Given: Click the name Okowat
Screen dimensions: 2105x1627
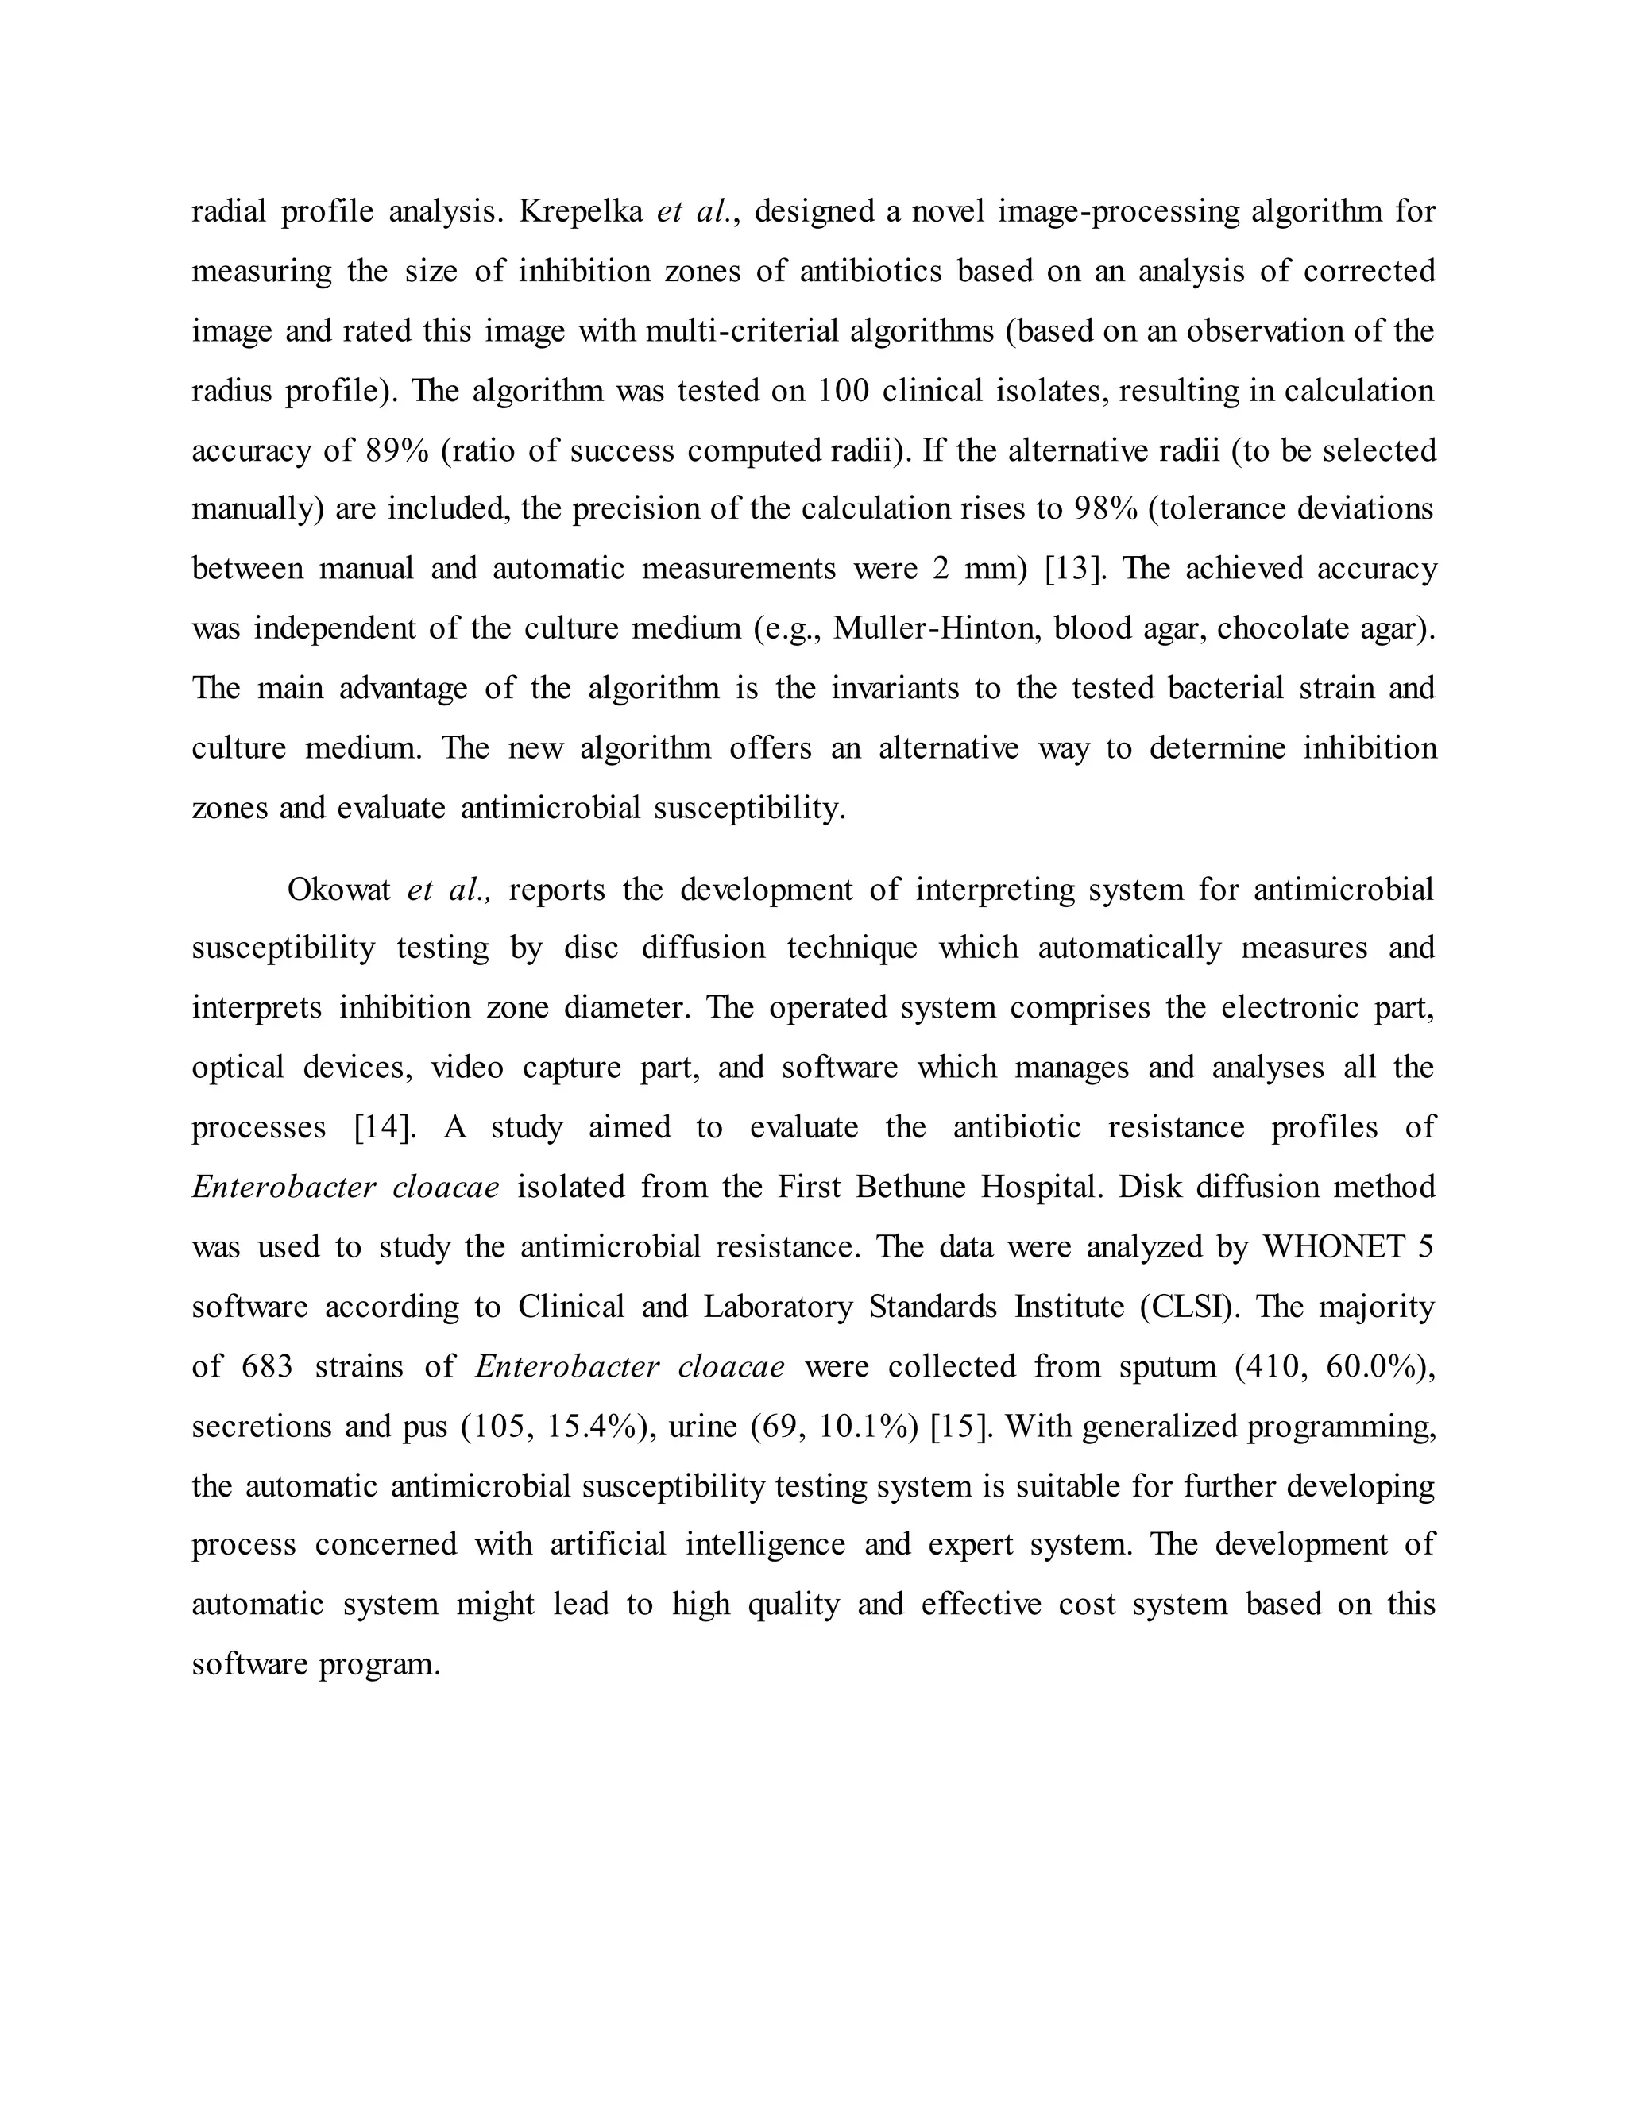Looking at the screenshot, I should point(338,889).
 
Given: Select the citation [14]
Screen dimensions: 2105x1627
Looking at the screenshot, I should point(385,1128).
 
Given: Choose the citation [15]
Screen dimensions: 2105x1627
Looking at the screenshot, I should point(961,1427).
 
